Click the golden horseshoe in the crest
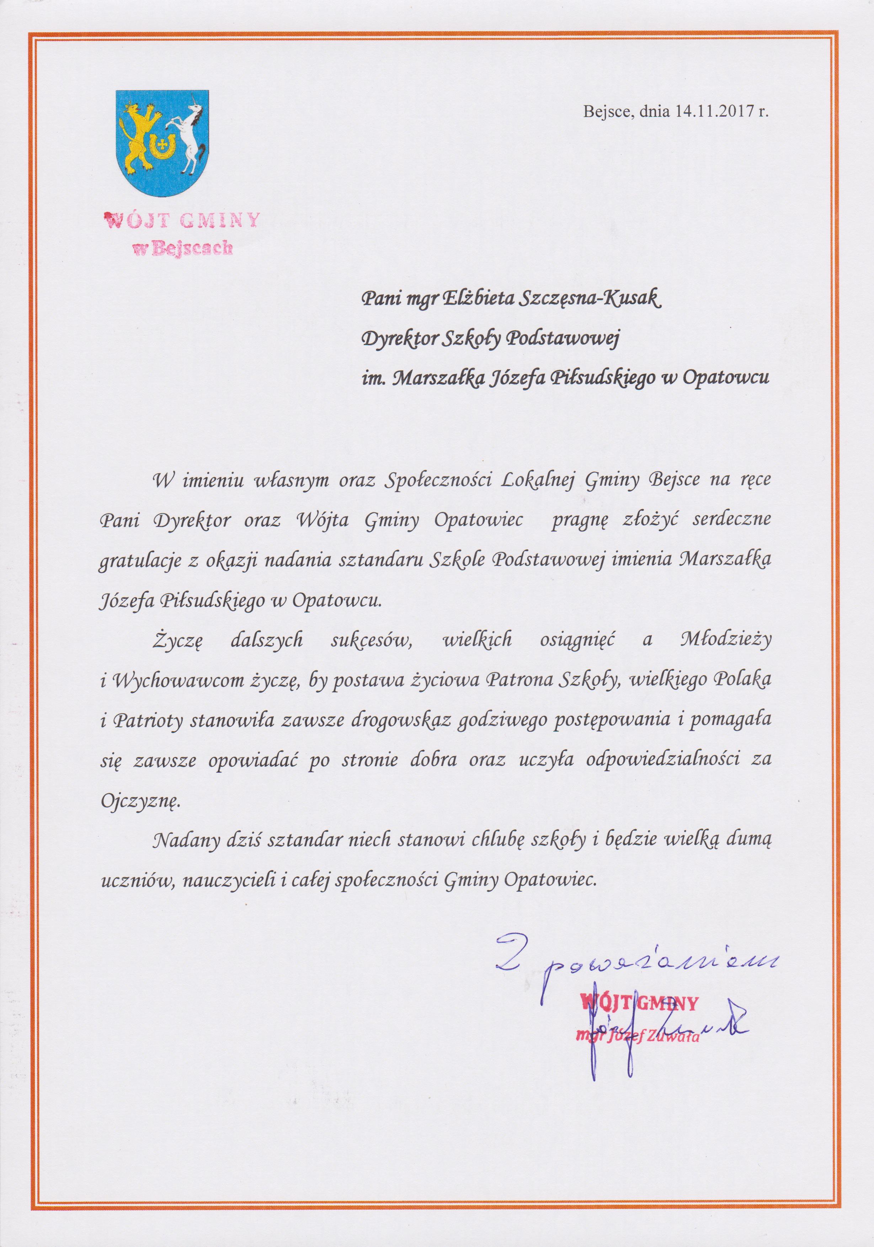[x=162, y=146]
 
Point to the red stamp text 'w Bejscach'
[x=183, y=249]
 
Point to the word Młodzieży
[x=725, y=641]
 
